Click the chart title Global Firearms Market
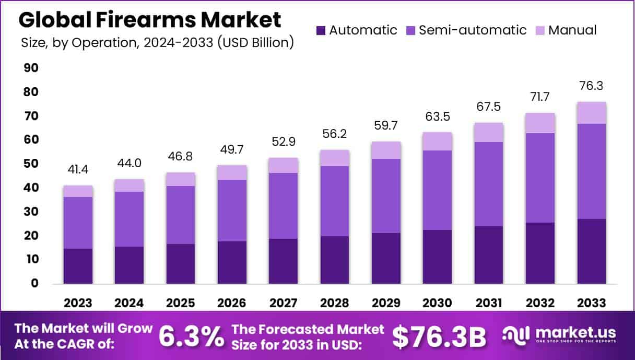150,20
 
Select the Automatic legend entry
357,30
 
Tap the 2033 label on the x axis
592,303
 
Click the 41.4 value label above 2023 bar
78,169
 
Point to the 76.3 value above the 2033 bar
591,86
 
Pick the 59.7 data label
386,126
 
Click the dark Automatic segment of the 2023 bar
78,266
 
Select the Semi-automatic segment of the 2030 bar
438,190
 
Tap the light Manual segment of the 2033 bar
591,113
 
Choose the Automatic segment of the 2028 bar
335,260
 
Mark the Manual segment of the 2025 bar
181,179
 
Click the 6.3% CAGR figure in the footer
191,336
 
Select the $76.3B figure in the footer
439,337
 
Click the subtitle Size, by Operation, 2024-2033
157,42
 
